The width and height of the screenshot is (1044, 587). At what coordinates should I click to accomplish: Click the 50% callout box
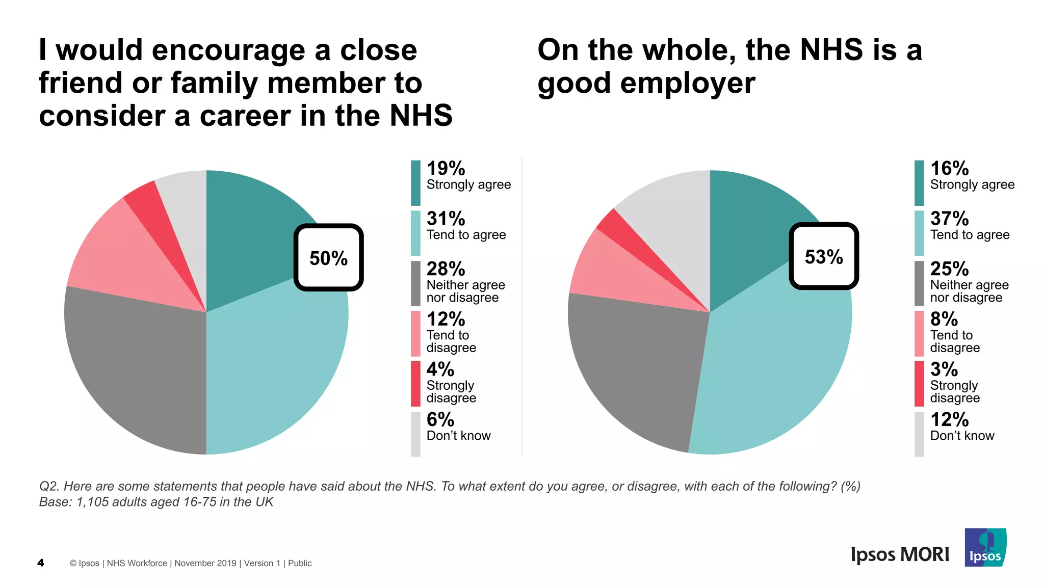[x=328, y=258]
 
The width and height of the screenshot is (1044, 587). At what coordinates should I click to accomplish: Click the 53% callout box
[x=824, y=256]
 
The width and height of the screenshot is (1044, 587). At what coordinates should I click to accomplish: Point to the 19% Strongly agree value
[x=446, y=169]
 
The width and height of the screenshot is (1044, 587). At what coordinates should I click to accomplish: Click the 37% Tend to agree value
[x=949, y=219]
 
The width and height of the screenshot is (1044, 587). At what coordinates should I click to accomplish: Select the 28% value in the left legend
[x=446, y=269]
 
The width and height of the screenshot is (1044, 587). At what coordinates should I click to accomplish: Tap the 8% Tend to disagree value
[x=944, y=319]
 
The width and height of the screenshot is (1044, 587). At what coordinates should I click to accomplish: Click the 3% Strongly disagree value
[x=944, y=369]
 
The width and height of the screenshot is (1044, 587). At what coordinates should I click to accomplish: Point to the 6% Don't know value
[x=440, y=420]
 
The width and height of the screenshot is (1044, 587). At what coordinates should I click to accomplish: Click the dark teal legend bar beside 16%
[x=919, y=182]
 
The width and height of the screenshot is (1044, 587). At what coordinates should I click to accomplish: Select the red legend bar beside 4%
[x=415, y=383]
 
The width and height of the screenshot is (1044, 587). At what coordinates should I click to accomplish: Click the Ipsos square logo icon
[x=985, y=547]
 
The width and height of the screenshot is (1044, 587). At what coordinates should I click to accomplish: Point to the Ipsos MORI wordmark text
[x=900, y=554]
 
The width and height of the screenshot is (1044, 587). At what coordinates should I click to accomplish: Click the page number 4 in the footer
[x=41, y=563]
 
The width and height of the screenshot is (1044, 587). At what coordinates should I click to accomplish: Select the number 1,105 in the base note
[x=92, y=502]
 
